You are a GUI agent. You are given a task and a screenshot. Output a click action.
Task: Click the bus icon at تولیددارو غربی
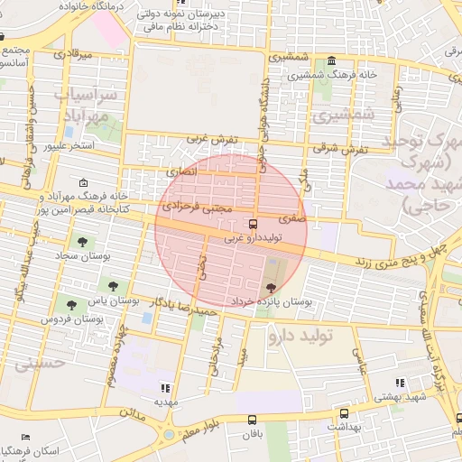pyautogui.click(x=252, y=223)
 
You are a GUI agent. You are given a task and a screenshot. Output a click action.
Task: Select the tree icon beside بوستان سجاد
pyautogui.click(x=83, y=242)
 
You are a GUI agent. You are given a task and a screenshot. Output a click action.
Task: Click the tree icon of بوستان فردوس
pyautogui.click(x=70, y=306)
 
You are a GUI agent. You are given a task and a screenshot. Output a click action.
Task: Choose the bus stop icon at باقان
pyautogui.click(x=252, y=419)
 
